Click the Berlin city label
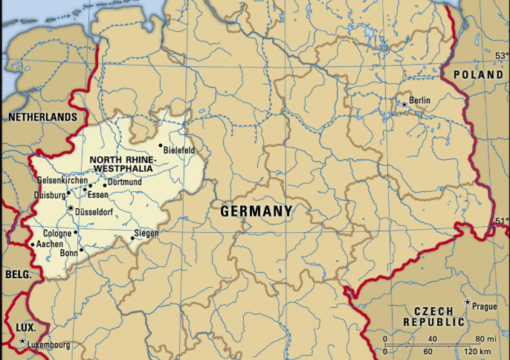coord(420,100)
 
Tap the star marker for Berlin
coord(404,105)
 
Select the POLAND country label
coord(478,76)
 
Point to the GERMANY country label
coord(256,212)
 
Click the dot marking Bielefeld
coord(160,146)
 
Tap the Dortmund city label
coord(124,182)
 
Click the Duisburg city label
coord(49,195)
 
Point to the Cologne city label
coord(58,234)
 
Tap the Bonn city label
coord(68,253)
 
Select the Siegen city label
coord(146,233)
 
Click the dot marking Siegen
coord(133,238)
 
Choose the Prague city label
coord(484,306)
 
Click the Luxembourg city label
coord(49,345)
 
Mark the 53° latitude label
coord(502,56)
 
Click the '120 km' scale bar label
coord(477,350)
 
